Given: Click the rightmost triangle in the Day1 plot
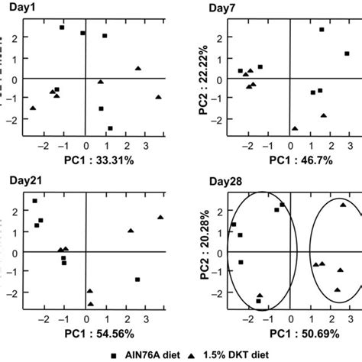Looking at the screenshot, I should coord(158,97).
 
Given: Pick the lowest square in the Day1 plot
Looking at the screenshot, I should coord(110,128).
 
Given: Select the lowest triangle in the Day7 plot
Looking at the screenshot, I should coord(295,128).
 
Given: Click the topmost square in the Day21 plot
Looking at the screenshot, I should coord(34,201).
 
